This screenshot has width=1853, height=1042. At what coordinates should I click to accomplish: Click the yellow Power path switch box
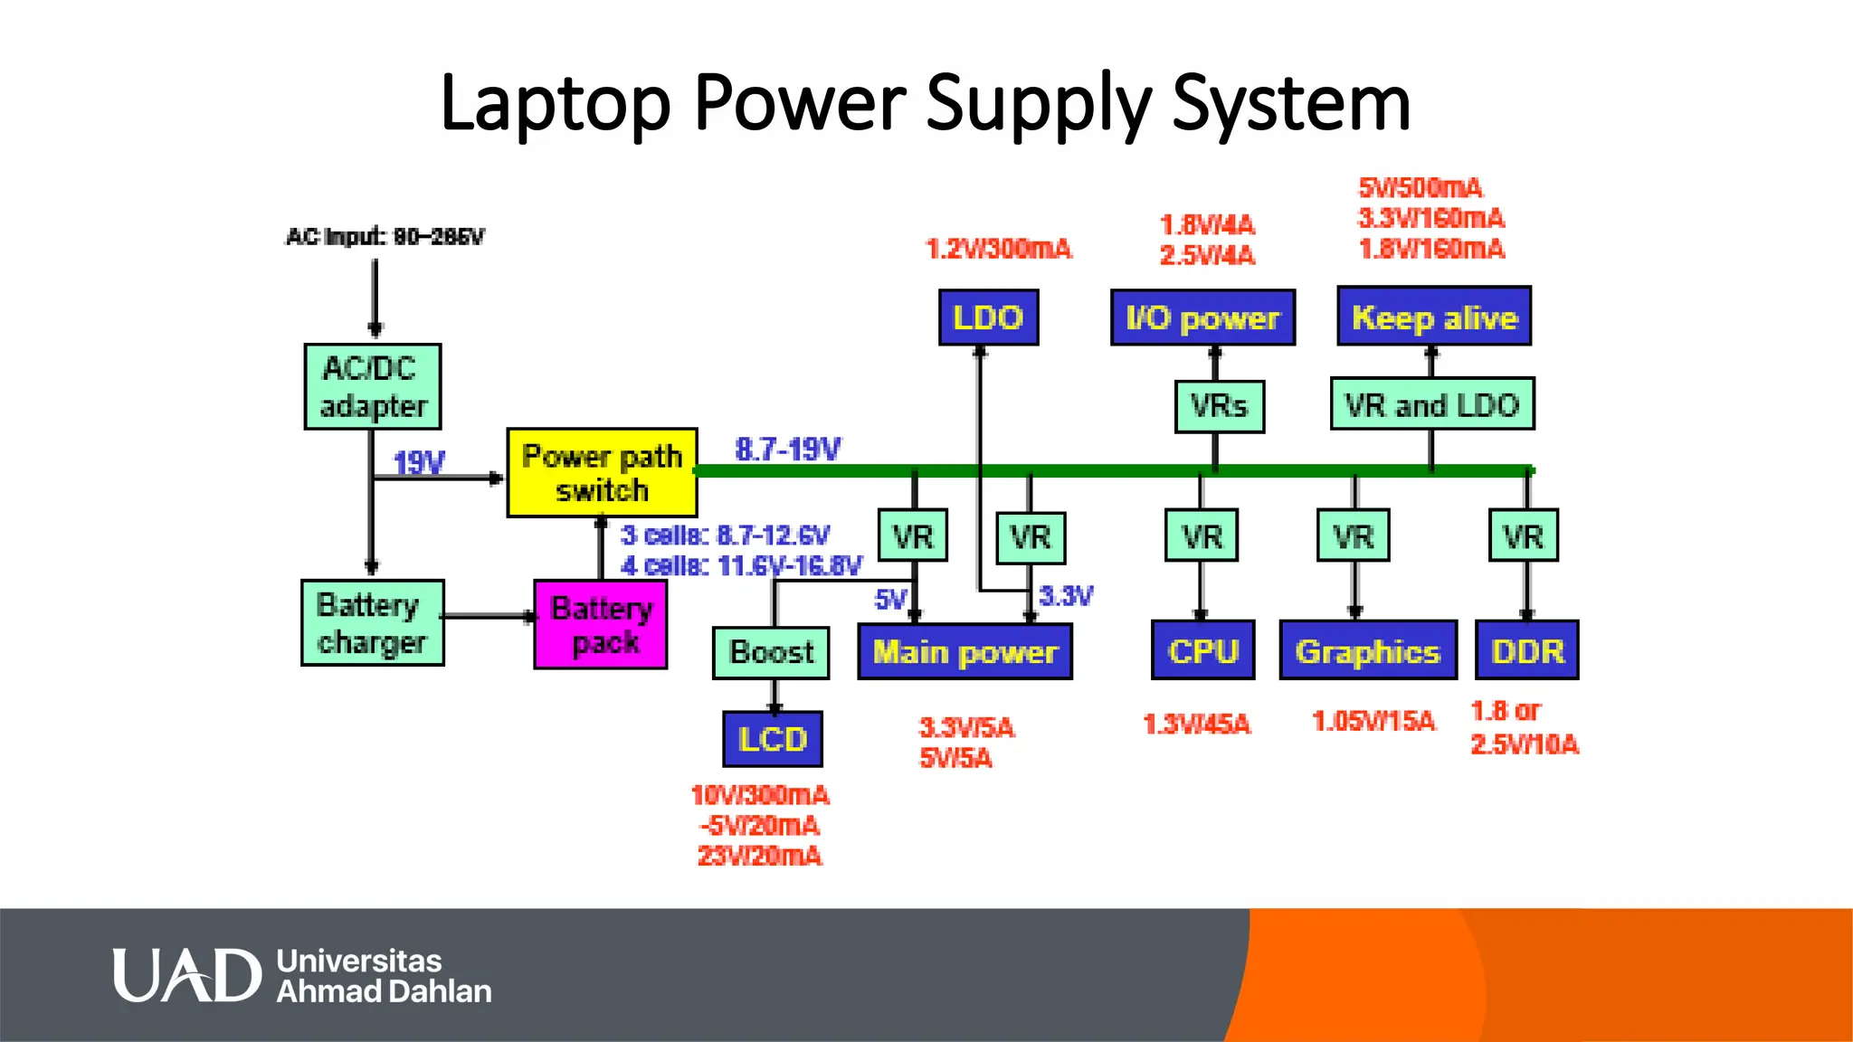[x=602, y=473]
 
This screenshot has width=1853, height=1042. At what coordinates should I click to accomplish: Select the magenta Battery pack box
[x=601, y=625]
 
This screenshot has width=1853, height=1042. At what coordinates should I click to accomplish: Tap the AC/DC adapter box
[x=373, y=386]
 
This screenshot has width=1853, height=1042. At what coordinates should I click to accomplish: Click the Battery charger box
[x=373, y=623]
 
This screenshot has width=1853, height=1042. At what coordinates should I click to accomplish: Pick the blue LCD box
[x=773, y=739]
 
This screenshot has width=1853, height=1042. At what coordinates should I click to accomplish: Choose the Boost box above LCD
[x=771, y=652]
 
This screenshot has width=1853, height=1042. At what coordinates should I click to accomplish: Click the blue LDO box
[x=988, y=317]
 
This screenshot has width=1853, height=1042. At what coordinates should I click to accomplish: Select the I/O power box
[x=1202, y=317]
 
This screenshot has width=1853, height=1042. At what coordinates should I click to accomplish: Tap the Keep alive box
[x=1434, y=317]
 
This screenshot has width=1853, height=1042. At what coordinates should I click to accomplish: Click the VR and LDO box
[x=1432, y=404]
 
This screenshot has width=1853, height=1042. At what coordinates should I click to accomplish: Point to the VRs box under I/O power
[x=1219, y=406]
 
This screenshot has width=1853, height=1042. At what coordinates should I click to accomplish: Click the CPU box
[x=1202, y=650]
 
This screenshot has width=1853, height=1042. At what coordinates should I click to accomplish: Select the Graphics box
[x=1368, y=650]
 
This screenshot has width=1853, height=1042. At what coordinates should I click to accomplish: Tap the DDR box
[x=1527, y=650]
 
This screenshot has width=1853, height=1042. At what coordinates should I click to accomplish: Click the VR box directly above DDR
[x=1524, y=536]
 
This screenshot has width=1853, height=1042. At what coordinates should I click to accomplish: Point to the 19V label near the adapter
[x=419, y=463]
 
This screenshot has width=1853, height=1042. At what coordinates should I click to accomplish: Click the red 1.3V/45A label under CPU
[x=1196, y=724]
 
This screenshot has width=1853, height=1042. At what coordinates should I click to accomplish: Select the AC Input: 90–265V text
[x=385, y=237]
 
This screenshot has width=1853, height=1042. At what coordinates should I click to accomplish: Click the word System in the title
[x=1291, y=103]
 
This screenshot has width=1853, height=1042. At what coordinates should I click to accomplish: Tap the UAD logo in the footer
[x=186, y=975]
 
